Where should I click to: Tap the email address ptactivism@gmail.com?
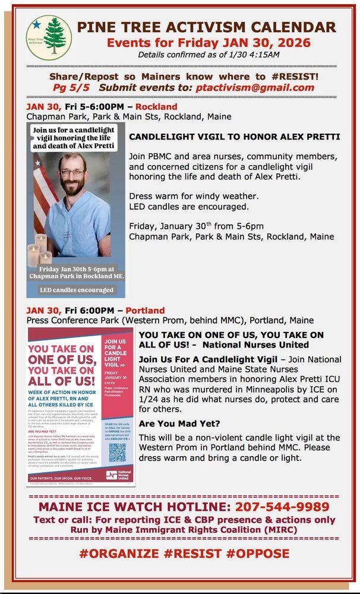pos(257,87)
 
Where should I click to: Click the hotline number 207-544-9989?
pos(283,507)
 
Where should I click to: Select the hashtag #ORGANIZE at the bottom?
pos(119,554)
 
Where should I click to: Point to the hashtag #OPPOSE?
pos(258,554)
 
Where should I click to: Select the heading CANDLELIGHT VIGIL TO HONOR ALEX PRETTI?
pos(235,137)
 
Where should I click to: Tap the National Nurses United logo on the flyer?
pos(119,475)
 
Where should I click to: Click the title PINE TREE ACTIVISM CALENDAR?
pos(206,27)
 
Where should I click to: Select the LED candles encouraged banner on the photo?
pos(76,290)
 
